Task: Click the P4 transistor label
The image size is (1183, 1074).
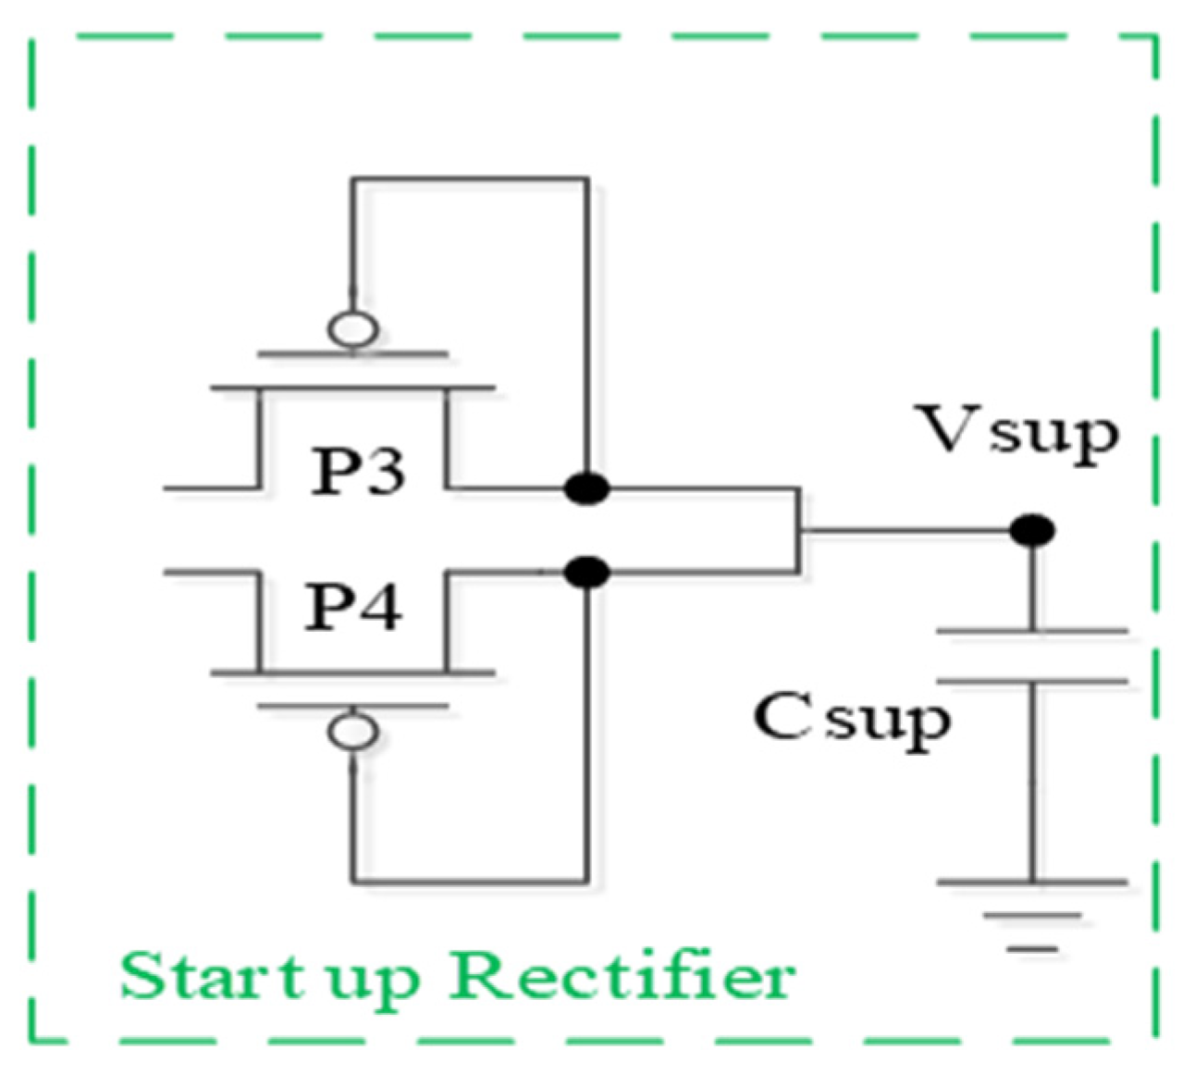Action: (x=353, y=608)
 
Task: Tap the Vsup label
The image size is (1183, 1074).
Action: (x=1017, y=432)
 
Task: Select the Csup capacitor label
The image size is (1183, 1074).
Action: (x=852, y=719)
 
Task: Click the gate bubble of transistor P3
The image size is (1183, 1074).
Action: (x=353, y=329)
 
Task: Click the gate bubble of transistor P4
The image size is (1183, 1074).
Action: (x=353, y=731)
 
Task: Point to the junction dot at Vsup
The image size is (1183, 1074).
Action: (x=1032, y=531)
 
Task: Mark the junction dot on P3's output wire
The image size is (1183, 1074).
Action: (x=587, y=488)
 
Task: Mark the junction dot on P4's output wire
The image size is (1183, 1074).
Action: (x=587, y=573)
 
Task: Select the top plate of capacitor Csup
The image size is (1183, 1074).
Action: (x=1032, y=632)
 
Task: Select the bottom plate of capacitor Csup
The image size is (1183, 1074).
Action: (x=1032, y=681)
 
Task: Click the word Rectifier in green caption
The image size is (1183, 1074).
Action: (x=622, y=976)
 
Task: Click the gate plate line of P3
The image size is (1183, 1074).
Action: (x=353, y=353)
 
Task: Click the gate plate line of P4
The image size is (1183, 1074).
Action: (x=353, y=706)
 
